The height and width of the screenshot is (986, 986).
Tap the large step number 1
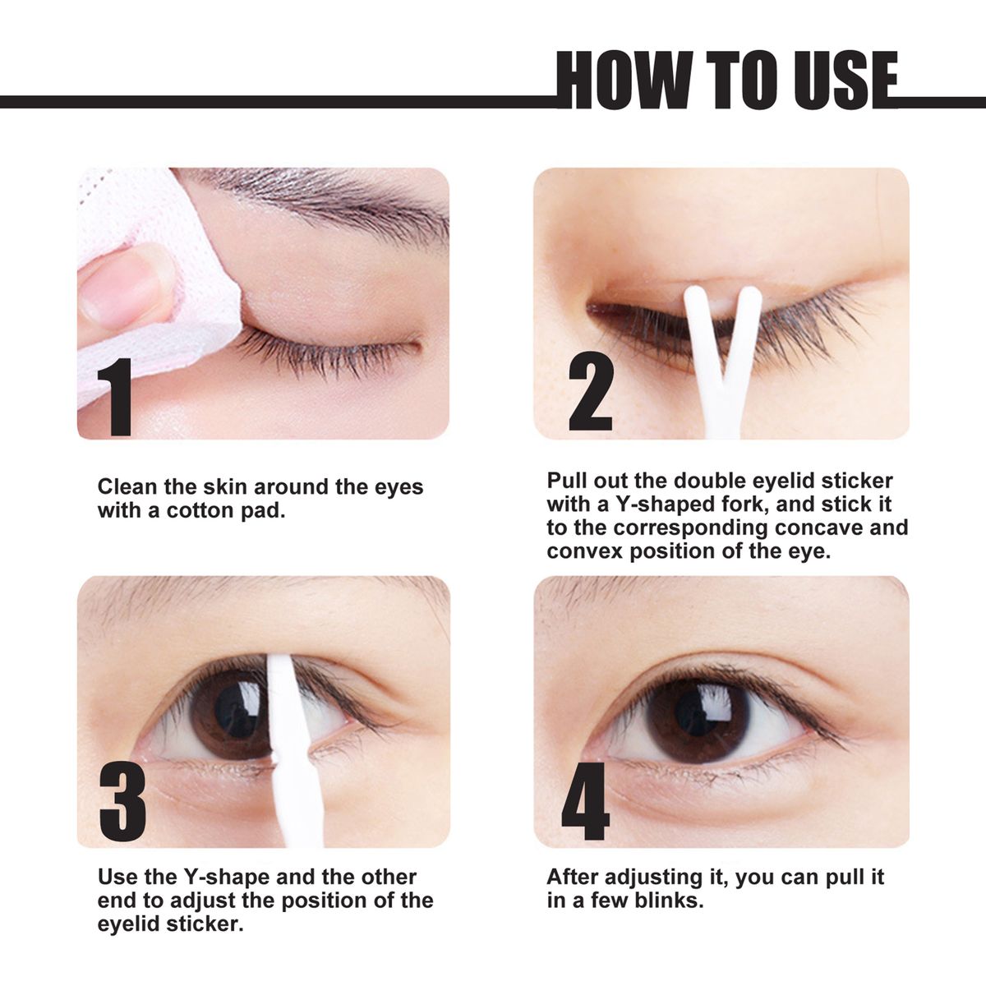pyautogui.click(x=117, y=397)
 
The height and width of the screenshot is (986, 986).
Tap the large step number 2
pyautogui.click(x=591, y=393)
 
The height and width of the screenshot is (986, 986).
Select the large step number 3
pyautogui.click(x=122, y=800)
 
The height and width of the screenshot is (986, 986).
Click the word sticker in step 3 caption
pyautogui.click(x=205, y=924)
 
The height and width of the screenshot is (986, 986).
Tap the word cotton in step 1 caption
pyautogui.click(x=202, y=510)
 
